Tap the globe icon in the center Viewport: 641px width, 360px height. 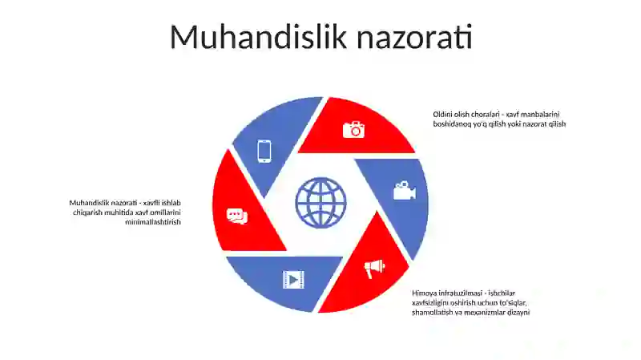click(320, 203)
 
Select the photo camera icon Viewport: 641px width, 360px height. click(353, 129)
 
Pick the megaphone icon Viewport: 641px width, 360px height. click(374, 268)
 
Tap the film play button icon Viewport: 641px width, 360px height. click(293, 279)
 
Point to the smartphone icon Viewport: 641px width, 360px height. click(264, 151)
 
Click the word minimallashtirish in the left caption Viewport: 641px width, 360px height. click(153, 222)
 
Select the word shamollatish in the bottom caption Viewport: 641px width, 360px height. click(433, 312)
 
